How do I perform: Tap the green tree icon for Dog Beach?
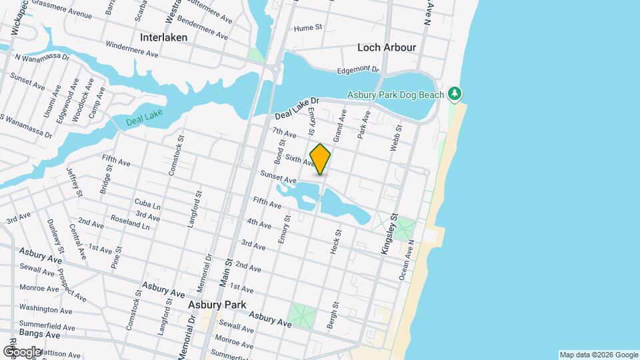pyautogui.click(x=455, y=94)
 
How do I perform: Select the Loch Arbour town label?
pyautogui.click(x=387, y=47)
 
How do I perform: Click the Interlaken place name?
pyautogui.click(x=163, y=37)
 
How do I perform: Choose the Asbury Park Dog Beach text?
pyautogui.click(x=395, y=95)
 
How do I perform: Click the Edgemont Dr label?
pyautogui.click(x=357, y=69)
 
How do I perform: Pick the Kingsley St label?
pyautogui.click(x=389, y=233)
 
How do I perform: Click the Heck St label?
pyautogui.click(x=335, y=243)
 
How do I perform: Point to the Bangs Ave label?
pyautogui.click(x=39, y=333)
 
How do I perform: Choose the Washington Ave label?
pyautogui.click(x=45, y=309)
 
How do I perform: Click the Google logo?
pyautogui.click(x=23, y=351)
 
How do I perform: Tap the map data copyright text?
pyautogui.click(x=598, y=355)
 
